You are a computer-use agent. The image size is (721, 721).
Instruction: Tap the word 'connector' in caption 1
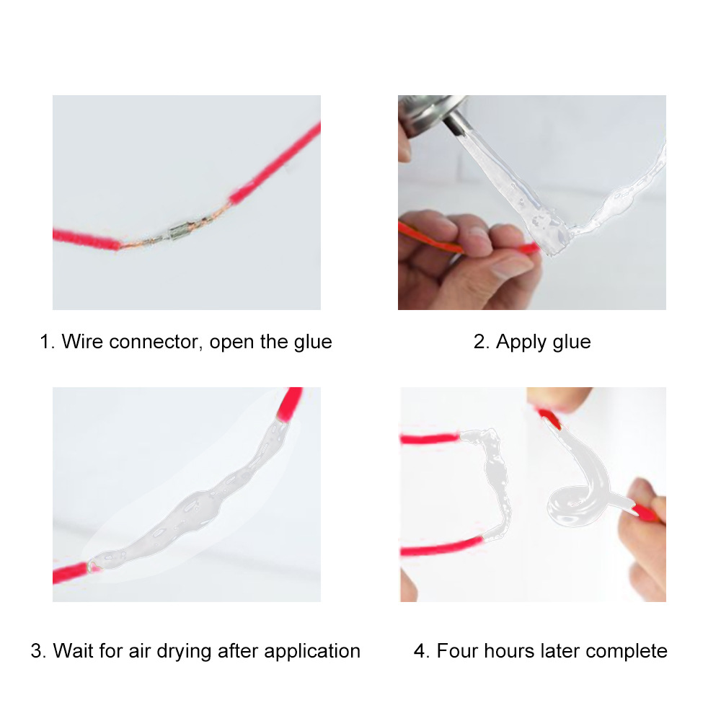pos(154,341)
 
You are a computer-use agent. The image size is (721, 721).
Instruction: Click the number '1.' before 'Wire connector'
pos(47,341)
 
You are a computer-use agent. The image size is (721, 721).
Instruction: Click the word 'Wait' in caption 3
pos(72,651)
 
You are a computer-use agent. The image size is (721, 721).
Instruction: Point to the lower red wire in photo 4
pos(440,547)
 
